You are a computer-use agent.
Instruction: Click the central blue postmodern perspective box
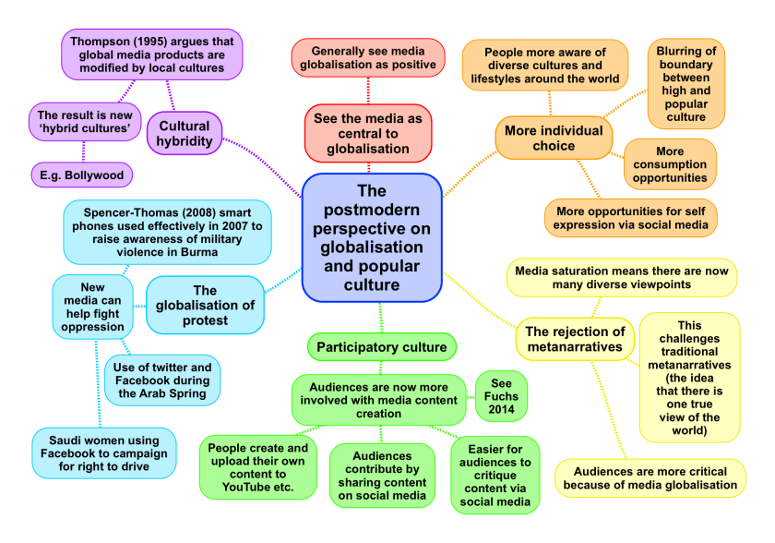tap(371, 238)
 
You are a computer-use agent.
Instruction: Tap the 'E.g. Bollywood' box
tap(81, 174)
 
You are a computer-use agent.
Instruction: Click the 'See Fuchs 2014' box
tap(501, 396)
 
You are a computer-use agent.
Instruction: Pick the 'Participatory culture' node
tap(381, 347)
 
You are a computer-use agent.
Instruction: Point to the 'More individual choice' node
tap(554, 138)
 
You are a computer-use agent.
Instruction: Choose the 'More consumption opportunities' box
tap(670, 164)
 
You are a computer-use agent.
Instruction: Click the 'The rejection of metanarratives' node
tap(575, 339)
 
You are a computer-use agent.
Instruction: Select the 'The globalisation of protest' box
tap(205, 305)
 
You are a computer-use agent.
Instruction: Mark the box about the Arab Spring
tap(162, 380)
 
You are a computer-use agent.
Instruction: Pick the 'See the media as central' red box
tap(368, 133)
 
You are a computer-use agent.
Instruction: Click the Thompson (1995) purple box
tap(152, 54)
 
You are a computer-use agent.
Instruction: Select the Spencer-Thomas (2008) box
tap(154, 232)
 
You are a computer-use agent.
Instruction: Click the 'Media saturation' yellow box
tap(621, 278)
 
